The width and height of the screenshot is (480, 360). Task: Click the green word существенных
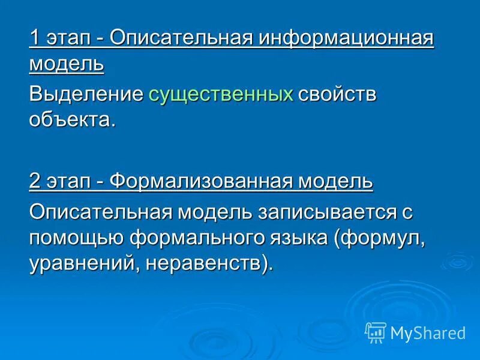[x=221, y=94]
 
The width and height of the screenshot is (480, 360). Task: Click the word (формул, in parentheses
[x=381, y=237]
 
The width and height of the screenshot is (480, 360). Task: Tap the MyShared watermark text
[x=428, y=333]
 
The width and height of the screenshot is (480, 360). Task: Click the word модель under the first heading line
[x=66, y=64]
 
